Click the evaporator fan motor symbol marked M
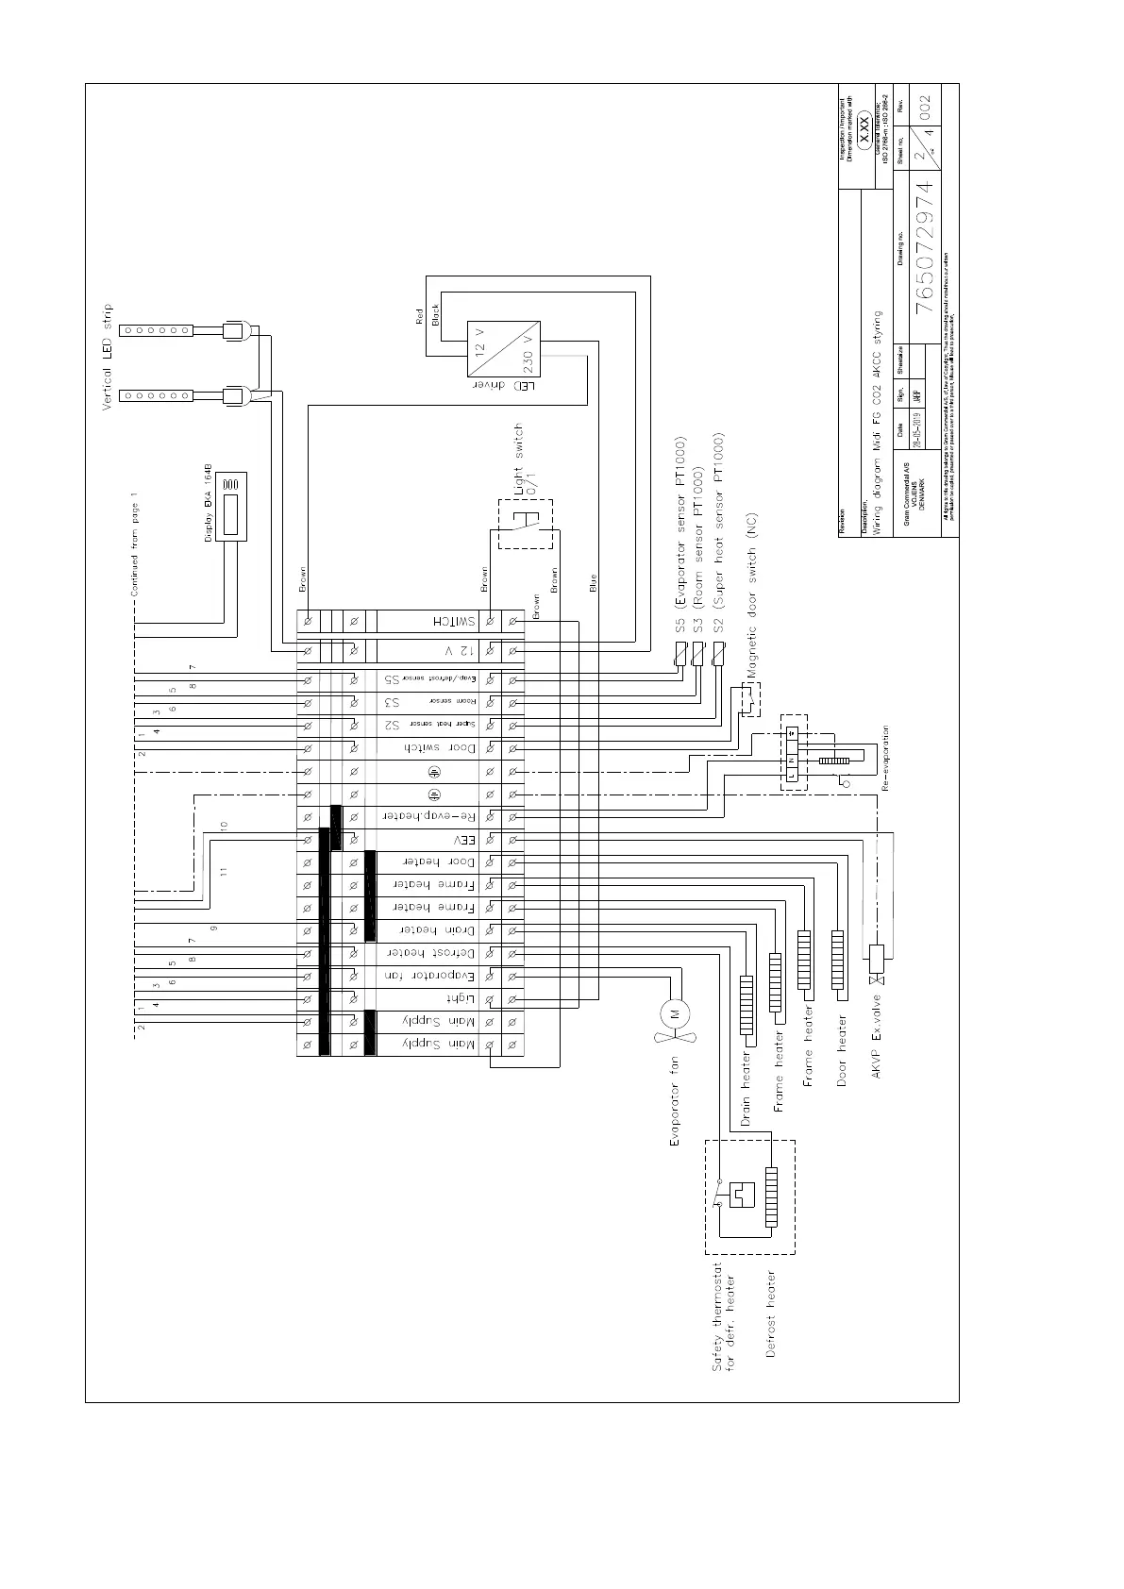point(674,1013)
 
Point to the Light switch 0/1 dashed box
point(526,523)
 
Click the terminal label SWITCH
point(454,621)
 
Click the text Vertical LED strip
point(107,358)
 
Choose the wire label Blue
point(593,583)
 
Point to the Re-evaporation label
point(885,758)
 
